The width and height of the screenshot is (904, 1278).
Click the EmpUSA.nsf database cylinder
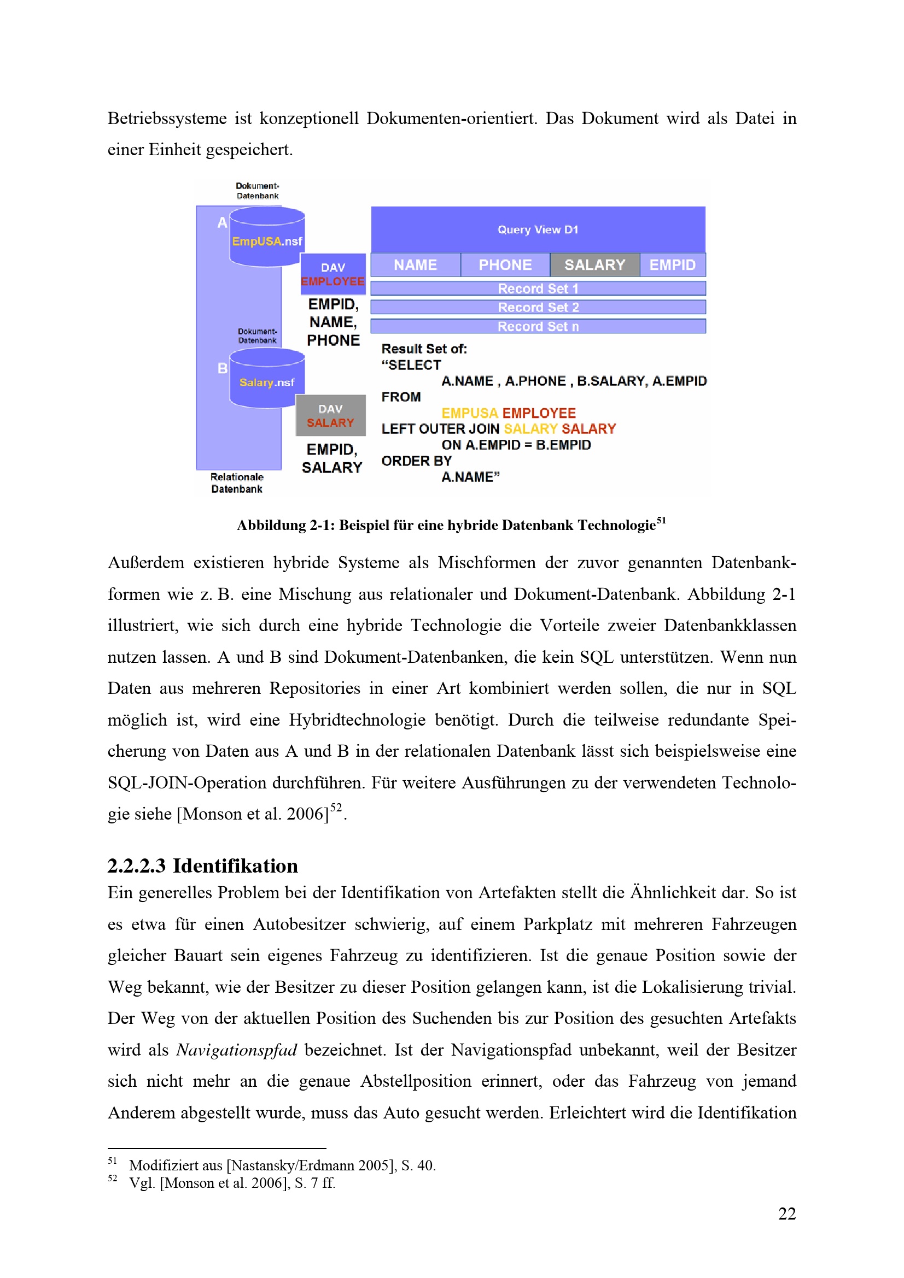[267, 237]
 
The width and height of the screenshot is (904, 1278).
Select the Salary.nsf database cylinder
[267, 379]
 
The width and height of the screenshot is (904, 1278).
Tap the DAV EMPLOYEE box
[333, 274]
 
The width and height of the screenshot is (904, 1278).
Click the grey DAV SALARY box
[330, 415]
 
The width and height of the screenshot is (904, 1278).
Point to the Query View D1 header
[538, 229]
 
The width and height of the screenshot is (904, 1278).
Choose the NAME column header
[416, 265]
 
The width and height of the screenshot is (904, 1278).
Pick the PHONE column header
[505, 265]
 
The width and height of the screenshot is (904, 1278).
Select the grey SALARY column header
[594, 265]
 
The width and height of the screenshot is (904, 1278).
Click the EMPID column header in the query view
[672, 265]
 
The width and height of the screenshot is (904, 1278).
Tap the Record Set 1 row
[538, 288]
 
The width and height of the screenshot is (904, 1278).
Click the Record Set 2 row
[538, 307]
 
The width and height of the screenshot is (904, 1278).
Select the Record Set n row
[538, 326]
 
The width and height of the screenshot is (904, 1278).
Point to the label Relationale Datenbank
[237, 482]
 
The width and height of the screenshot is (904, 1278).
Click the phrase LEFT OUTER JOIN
[440, 428]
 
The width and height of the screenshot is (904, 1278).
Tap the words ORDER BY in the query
[416, 461]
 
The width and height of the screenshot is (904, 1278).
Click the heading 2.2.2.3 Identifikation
[203, 865]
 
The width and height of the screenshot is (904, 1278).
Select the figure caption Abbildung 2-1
[451, 525]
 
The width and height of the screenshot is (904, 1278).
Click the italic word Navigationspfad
[237, 1050]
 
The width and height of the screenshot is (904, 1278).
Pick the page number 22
[786, 1214]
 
